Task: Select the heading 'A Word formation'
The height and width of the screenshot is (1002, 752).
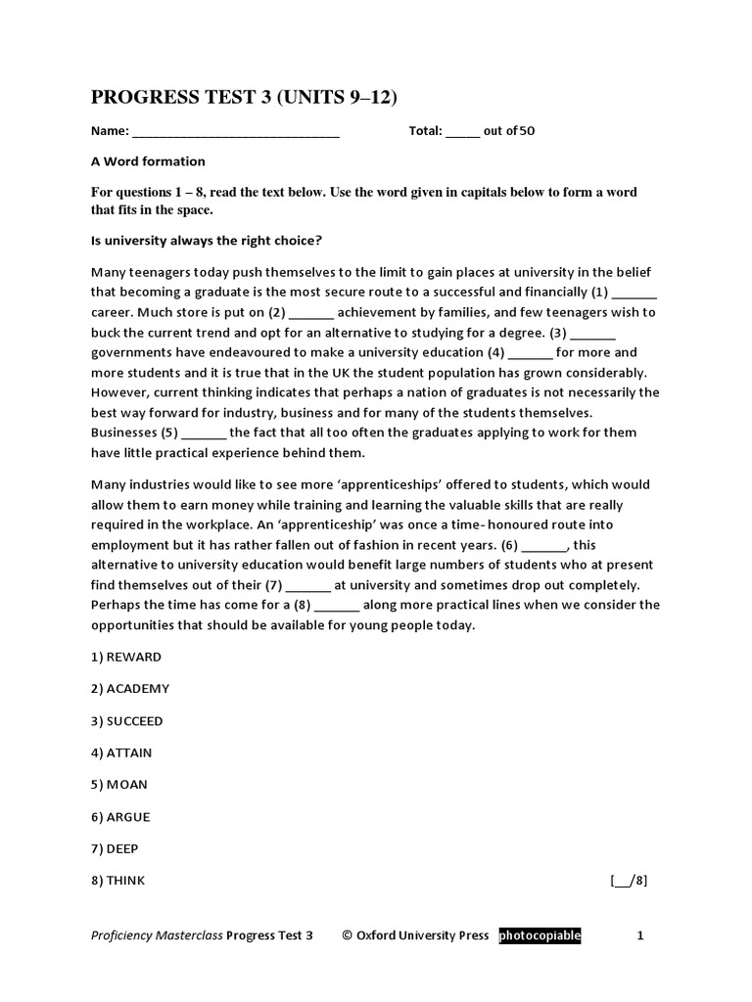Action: tap(148, 161)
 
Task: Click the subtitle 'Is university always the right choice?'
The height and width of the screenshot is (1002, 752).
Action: tap(207, 240)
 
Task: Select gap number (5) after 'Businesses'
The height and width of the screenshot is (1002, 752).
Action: tap(204, 433)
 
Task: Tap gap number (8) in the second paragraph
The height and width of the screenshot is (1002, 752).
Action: tap(337, 606)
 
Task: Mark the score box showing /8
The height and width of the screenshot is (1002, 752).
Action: tap(629, 881)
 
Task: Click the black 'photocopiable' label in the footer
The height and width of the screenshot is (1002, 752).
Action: tap(540, 935)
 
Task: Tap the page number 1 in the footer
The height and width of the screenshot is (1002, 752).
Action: tap(640, 935)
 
